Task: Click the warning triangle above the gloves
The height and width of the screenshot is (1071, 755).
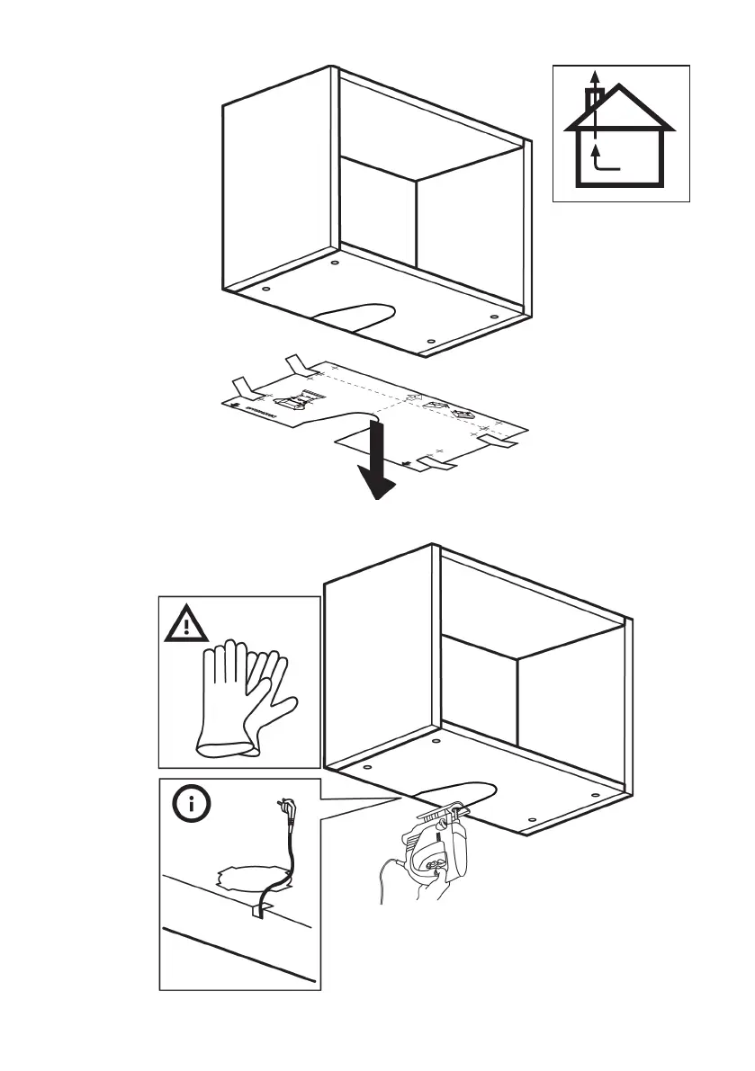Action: tap(187, 622)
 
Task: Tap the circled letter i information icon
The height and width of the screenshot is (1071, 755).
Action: tap(190, 806)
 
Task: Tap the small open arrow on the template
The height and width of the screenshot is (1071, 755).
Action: tap(414, 396)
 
